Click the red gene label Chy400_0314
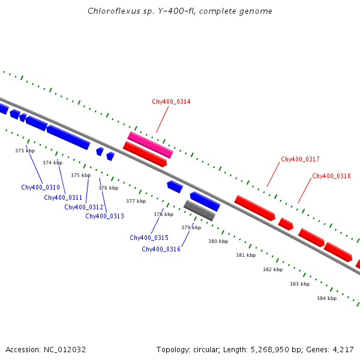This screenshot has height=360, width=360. pyautogui.click(x=171, y=102)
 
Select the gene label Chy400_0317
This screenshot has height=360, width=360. pyautogui.click(x=300, y=160)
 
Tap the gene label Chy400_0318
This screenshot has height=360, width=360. pyautogui.click(x=331, y=176)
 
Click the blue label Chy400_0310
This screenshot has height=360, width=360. pyautogui.click(x=40, y=187)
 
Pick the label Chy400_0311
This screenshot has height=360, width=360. pyautogui.click(x=63, y=198)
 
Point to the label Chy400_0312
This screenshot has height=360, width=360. pyautogui.click(x=84, y=208)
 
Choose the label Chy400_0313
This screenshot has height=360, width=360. pyautogui.click(x=104, y=216)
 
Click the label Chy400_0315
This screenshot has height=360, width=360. pyautogui.click(x=149, y=238)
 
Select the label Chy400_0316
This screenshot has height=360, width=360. pyautogui.click(x=161, y=250)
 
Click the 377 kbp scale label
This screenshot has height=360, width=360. pyautogui.click(x=136, y=202)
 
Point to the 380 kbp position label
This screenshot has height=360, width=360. pyautogui.click(x=218, y=242)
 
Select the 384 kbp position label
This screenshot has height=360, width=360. pyautogui.click(x=326, y=299)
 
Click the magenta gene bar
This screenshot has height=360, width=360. pyautogui.click(x=150, y=145)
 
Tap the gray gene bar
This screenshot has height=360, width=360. pyautogui.click(x=199, y=211)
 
